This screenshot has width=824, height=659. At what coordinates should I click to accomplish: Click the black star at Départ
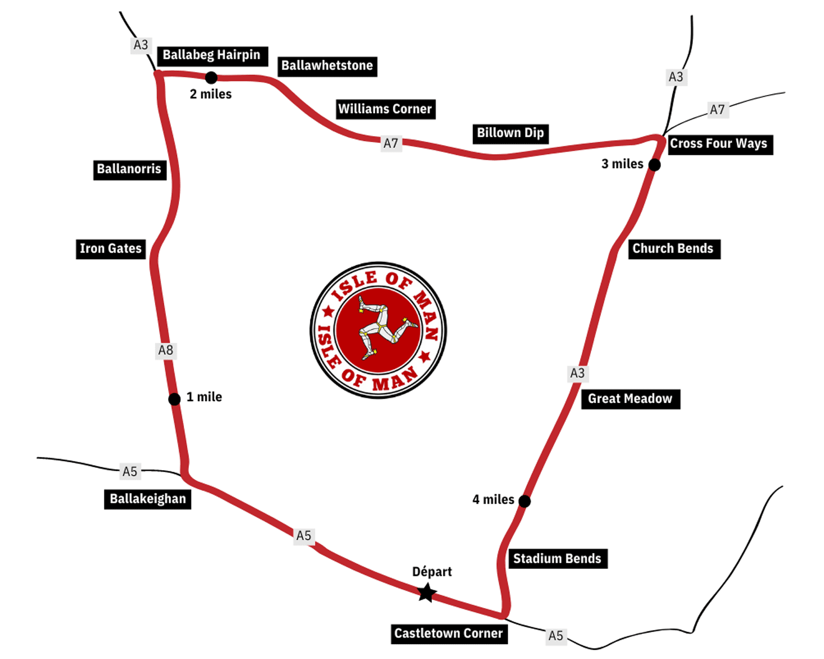click(427, 593)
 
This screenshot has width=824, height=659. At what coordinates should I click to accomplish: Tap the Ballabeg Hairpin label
click(211, 55)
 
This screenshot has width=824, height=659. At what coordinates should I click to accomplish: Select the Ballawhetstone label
click(327, 66)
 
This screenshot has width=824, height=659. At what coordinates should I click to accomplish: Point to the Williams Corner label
click(385, 109)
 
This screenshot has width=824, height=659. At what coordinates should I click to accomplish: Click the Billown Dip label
click(510, 133)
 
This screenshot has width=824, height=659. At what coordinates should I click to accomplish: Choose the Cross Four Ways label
click(719, 144)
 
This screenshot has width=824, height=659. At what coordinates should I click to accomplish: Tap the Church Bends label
click(673, 249)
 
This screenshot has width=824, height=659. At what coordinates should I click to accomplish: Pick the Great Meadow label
click(630, 399)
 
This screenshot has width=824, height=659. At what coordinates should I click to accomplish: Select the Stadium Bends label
click(557, 559)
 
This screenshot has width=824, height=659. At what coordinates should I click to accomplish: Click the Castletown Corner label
click(448, 633)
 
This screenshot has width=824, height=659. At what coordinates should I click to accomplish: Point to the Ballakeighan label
click(148, 499)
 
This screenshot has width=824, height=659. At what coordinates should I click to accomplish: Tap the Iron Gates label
click(111, 249)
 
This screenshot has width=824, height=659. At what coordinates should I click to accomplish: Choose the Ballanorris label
click(129, 169)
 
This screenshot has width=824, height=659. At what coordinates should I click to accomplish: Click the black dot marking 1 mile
click(174, 399)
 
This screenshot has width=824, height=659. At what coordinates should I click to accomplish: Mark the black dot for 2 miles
click(211, 77)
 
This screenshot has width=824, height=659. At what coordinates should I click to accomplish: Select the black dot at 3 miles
click(654, 165)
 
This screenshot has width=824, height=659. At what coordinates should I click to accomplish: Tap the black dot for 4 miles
click(525, 501)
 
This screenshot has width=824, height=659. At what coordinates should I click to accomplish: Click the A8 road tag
click(166, 350)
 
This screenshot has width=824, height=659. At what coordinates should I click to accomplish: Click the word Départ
click(432, 572)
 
